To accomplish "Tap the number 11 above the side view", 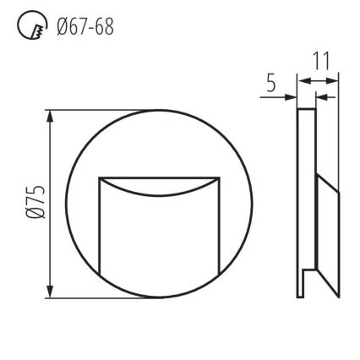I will pos(320,62).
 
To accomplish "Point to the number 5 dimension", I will pos(270,83).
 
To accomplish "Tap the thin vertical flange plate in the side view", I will pos(302,203).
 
